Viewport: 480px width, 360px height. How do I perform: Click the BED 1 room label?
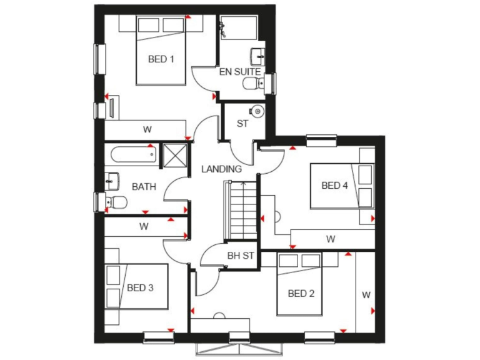[x=161, y=59]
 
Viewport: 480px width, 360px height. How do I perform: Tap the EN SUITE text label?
[x=239, y=72]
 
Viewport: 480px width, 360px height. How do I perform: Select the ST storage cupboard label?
[x=242, y=124]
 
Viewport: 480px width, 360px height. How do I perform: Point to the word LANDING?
[x=221, y=169]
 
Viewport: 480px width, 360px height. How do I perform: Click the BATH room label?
[x=143, y=186]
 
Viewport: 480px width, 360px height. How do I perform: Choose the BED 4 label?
[x=334, y=185]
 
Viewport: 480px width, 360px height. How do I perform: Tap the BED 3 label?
[x=140, y=288]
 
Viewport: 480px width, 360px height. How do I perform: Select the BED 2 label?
[x=301, y=293]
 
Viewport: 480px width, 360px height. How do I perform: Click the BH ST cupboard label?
[x=241, y=255]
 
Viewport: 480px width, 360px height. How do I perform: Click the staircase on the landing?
[x=240, y=209]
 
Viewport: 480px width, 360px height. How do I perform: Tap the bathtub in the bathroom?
[x=133, y=154]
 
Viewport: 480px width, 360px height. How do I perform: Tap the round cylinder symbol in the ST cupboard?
[x=258, y=111]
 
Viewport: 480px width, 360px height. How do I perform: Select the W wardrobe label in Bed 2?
[x=366, y=294]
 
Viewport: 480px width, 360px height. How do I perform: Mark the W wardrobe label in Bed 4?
[x=330, y=239]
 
